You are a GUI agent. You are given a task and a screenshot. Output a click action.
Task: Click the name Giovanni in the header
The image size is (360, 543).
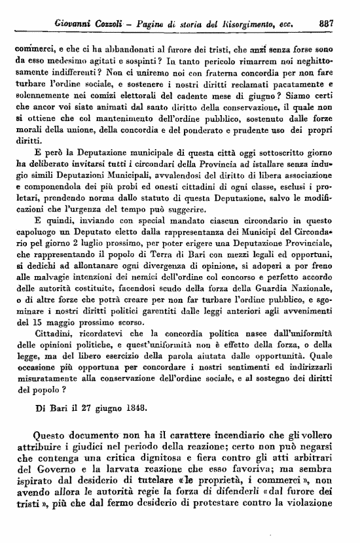78,24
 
